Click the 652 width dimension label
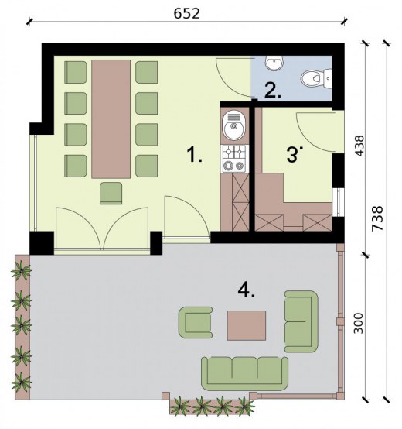[x=187, y=13]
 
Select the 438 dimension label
[x=359, y=146]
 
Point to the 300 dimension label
[x=359, y=323]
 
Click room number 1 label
[x=195, y=154]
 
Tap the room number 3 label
[x=295, y=154]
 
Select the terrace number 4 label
[x=247, y=290]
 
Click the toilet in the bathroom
[x=316, y=78]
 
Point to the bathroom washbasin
[x=274, y=63]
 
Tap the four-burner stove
[x=233, y=159]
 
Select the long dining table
[x=111, y=119]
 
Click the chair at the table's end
[x=111, y=193]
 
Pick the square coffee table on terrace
[x=247, y=325]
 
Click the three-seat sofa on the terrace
[x=245, y=373]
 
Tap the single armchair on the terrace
[x=196, y=322]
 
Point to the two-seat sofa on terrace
[x=301, y=321]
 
